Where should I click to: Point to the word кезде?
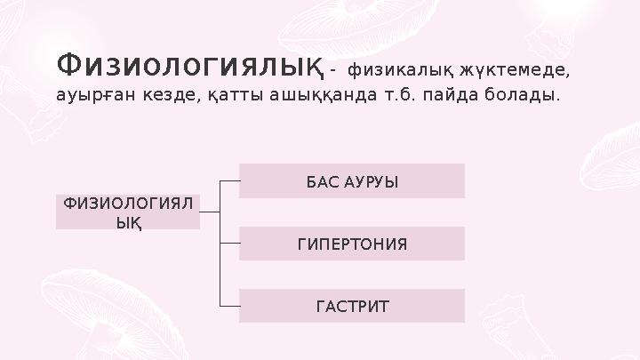162,94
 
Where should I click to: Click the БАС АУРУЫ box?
352,180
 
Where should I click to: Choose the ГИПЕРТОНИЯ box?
352,244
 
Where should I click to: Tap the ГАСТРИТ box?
352,306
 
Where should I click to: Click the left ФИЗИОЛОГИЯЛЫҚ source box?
128,212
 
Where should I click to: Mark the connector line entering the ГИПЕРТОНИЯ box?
229,243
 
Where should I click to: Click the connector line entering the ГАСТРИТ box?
229,306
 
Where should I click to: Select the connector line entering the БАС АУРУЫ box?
229,180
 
